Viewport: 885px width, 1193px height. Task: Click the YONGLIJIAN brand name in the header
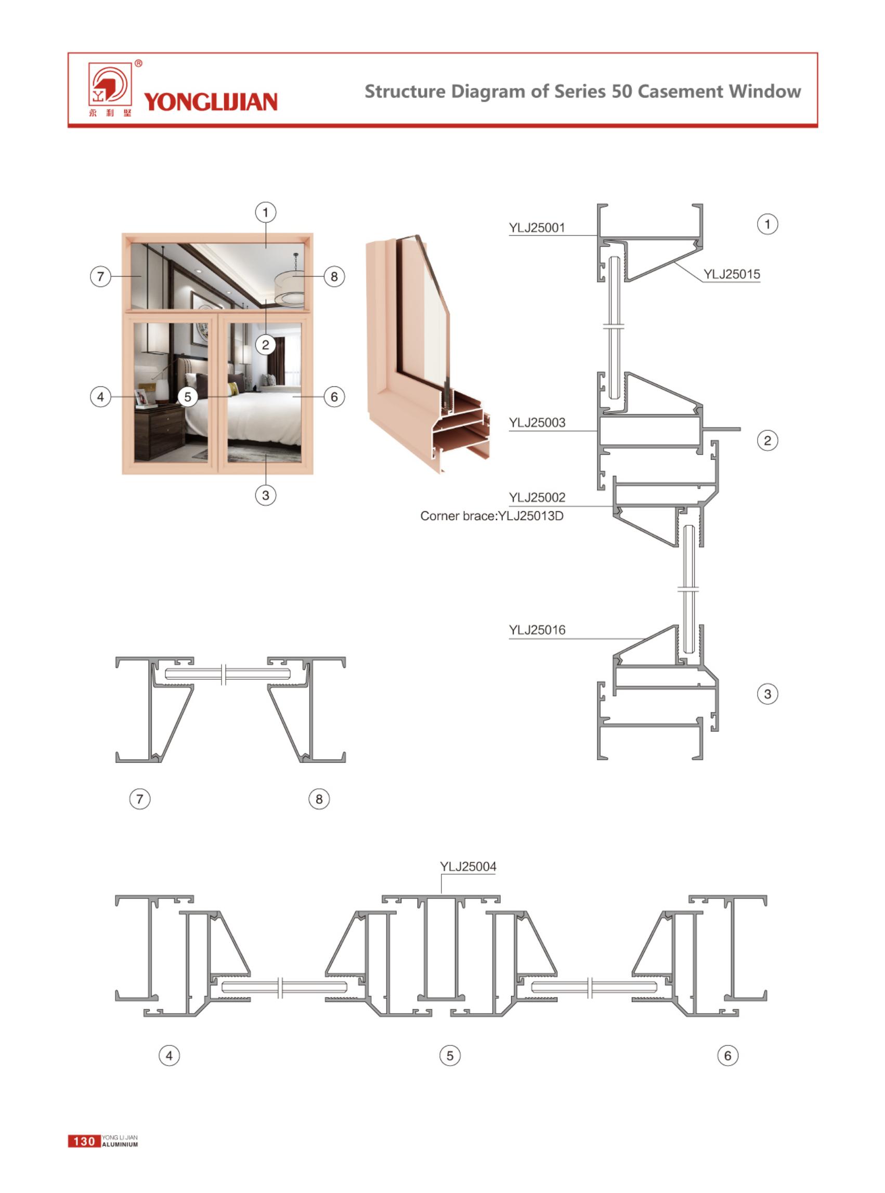click(x=211, y=102)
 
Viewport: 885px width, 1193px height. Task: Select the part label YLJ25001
click(x=537, y=228)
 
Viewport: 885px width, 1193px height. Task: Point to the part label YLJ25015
click(x=732, y=274)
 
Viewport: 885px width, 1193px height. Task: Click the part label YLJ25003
click(x=537, y=423)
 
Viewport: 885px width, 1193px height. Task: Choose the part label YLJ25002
click(x=537, y=497)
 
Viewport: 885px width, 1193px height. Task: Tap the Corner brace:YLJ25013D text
click(x=492, y=516)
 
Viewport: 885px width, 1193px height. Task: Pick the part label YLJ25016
click(x=537, y=630)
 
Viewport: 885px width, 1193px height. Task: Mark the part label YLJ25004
click(x=468, y=867)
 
